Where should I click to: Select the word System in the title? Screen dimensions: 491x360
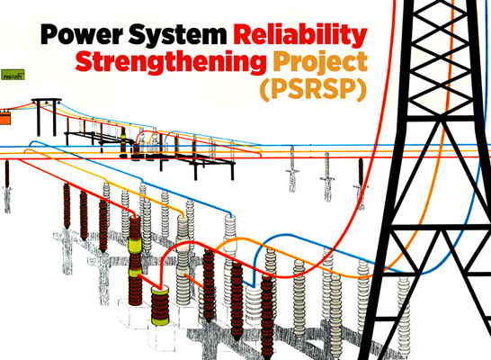pos(177,35)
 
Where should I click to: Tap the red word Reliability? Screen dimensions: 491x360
pos(300,35)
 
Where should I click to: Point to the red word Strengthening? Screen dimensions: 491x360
pos(171,62)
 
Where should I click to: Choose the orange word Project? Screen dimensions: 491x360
pos(320,62)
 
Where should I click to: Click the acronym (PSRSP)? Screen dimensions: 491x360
pos(313,90)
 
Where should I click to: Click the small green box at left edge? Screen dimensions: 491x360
pos(13,75)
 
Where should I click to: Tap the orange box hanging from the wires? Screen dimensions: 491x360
pos(5,119)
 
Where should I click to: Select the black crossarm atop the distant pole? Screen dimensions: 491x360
pos(47,100)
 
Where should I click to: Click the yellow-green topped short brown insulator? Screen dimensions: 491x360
pos(160,305)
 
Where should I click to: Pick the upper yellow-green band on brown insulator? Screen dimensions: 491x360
pos(135,245)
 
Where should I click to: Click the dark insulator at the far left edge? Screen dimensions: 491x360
pos(7,175)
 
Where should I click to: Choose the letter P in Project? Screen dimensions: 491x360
pos(281,62)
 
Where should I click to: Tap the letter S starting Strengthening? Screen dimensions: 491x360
pos(83,61)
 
